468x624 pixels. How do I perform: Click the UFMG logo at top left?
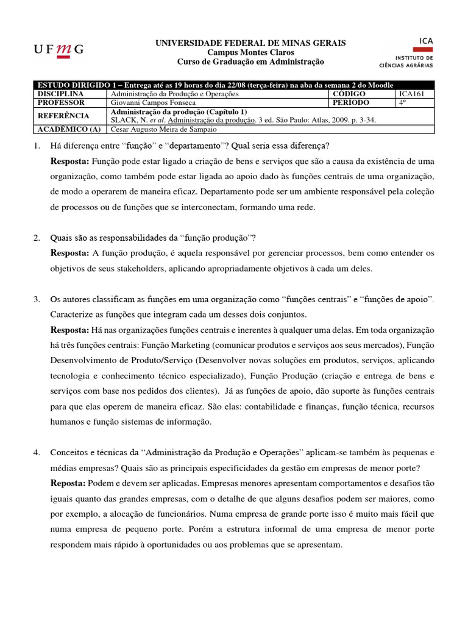coord(58,49)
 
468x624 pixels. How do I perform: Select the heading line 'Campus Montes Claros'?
coord(250,52)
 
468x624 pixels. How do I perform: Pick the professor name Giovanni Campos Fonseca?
coord(153,103)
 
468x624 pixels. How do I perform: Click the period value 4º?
coord(403,103)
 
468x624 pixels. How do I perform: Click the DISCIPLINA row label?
coord(60,94)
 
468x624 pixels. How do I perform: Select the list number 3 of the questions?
coord(37,299)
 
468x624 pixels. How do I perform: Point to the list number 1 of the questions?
coord(37,146)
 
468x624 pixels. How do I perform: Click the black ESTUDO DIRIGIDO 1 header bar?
coord(233,85)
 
